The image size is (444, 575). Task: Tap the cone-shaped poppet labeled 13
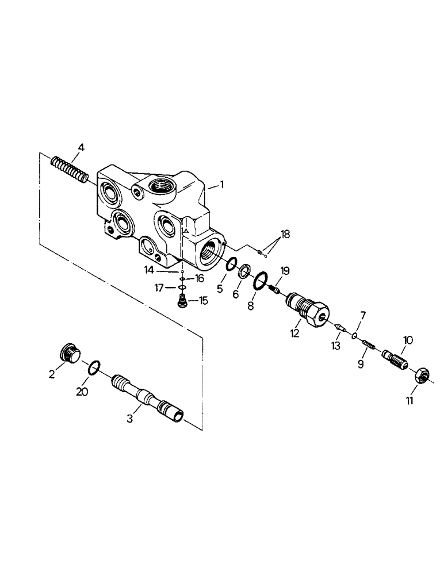340,327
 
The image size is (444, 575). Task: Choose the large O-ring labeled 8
261,281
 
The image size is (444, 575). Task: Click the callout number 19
284,271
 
